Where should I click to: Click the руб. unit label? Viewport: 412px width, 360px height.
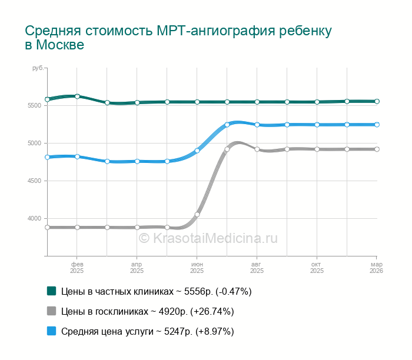(38, 68)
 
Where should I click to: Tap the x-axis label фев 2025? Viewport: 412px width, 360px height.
(77, 268)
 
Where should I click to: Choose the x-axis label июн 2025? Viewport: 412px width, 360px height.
(197, 268)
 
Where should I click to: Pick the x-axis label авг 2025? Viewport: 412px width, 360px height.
(257, 268)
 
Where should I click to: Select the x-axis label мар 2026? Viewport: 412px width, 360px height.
(377, 268)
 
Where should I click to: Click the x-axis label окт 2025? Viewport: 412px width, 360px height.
(317, 268)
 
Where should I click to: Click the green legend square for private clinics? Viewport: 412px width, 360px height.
(51, 291)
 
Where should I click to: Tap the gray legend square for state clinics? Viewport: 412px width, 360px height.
(51, 311)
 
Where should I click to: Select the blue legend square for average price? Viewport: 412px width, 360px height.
(51, 331)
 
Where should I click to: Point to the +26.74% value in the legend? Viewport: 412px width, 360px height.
(214, 311)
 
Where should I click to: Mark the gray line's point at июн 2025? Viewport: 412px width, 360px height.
(197, 214)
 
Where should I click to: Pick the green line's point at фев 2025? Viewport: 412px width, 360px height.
(77, 96)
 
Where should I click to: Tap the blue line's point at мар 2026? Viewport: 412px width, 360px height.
(377, 125)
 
